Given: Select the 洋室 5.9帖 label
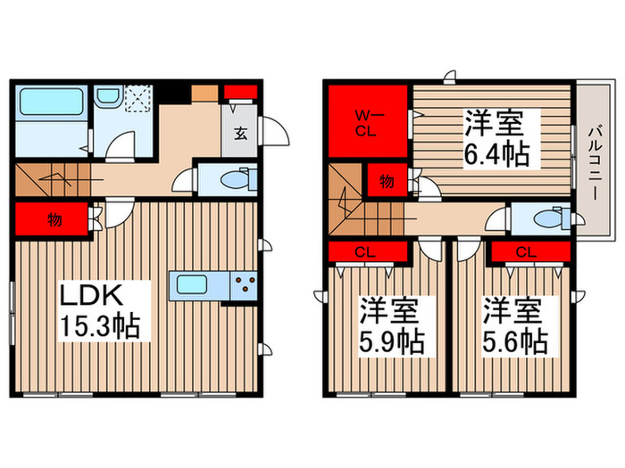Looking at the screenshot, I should pyautogui.click(x=391, y=327).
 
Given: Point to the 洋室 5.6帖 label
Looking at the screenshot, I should pyautogui.click(x=515, y=327).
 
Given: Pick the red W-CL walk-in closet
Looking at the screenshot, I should pyautogui.click(x=367, y=121).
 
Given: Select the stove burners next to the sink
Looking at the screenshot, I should pyautogui.click(x=244, y=286).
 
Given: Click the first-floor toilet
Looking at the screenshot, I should pyautogui.click(x=230, y=179).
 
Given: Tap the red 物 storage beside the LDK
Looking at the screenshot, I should pyautogui.click(x=54, y=218).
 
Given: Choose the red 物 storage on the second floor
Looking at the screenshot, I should pyautogui.click(x=385, y=181).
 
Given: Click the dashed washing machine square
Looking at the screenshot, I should pyautogui.click(x=140, y=99).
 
